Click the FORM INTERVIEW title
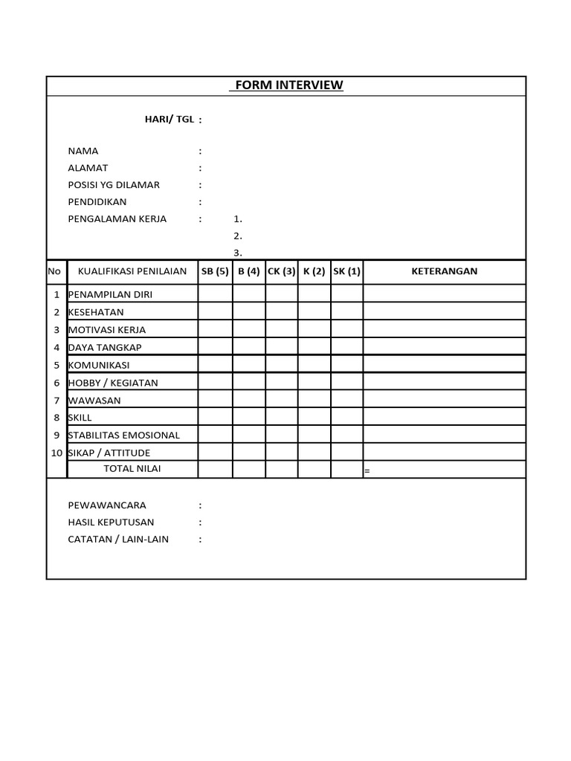tap(286, 85)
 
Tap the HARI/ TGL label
tap(170, 120)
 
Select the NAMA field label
tap(83, 151)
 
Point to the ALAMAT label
tap(88, 168)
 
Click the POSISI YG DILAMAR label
tap(114, 185)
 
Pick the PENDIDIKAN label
tap(97, 202)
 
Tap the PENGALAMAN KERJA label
tap(117, 219)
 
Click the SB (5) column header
tap(215, 271)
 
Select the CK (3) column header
tap(282, 271)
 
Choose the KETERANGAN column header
tap(445, 271)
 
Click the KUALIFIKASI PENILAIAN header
tap(132, 271)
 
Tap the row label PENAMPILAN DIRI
tap(110, 294)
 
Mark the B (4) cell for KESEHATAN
tap(249, 311)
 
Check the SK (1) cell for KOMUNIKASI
tap(346, 364)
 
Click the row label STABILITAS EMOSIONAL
tap(124, 435)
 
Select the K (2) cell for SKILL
tap(314, 417)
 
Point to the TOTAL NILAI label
tap(132, 469)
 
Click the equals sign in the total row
tap(367, 471)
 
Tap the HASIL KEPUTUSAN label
tap(112, 522)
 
